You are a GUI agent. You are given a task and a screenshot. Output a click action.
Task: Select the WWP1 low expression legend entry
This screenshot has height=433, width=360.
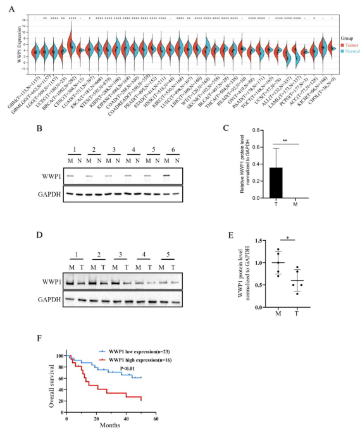coord(139,350)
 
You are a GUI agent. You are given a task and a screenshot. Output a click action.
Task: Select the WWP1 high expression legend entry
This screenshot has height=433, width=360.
coord(140,358)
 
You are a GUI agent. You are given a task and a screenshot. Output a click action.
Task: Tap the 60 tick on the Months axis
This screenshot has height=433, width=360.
coord(156,418)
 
